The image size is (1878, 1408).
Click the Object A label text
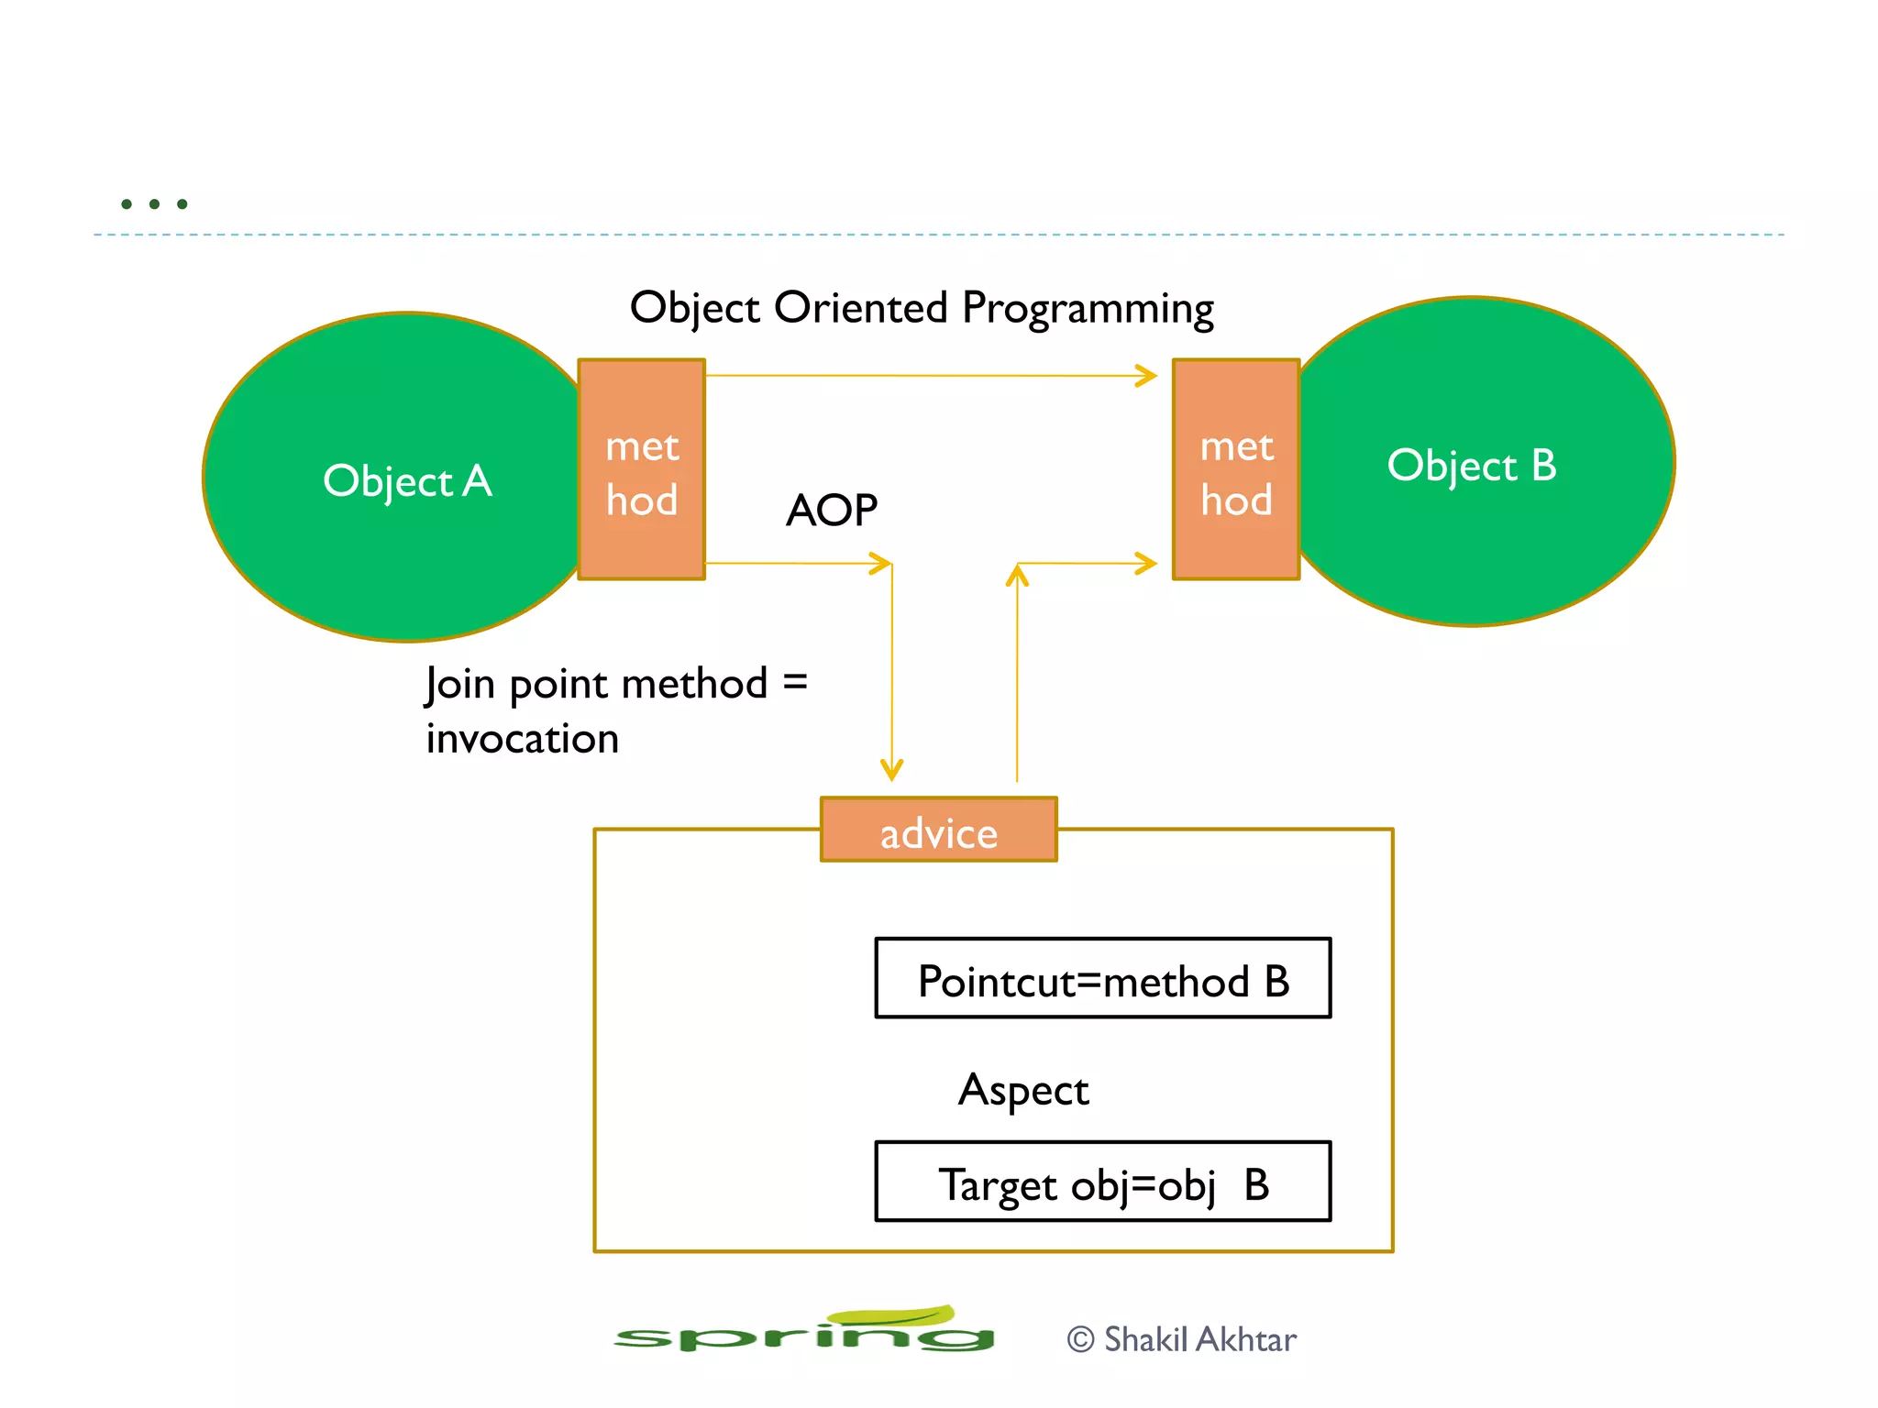pos(407,481)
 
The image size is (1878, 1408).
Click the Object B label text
pos(1471,466)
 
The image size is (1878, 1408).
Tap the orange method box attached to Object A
pos(641,469)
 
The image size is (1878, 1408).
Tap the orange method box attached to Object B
pos(1236,469)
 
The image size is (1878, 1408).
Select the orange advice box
pos(938,830)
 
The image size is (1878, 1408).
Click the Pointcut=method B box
pos(1102,979)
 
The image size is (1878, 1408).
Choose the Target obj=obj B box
pos(1102,1182)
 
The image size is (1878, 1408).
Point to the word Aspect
pos(1022,1091)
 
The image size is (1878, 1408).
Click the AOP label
pos(831,511)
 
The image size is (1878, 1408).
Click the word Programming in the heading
pos(1088,308)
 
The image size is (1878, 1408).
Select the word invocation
pos(523,739)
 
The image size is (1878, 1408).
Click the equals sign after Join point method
pos(795,682)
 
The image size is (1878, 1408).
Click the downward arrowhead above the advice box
pos(891,770)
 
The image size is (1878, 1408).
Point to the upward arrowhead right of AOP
pos(1017,575)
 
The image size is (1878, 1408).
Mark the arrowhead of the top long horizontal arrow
pos(1146,376)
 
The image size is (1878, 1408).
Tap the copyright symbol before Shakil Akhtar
pos(1081,1340)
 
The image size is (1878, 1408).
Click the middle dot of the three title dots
pos(154,203)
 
